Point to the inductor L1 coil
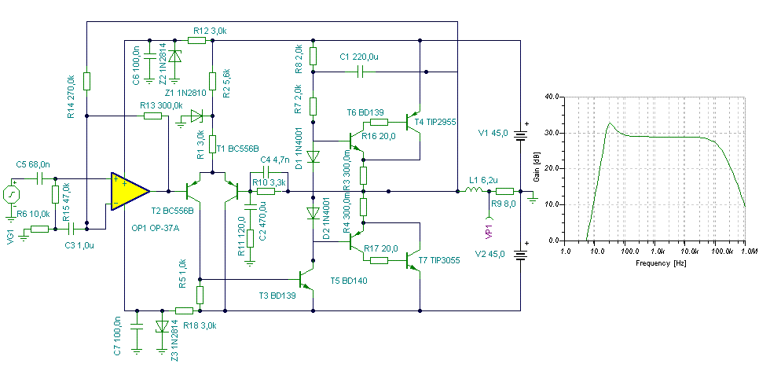click(472, 191)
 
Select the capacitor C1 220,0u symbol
click(360, 72)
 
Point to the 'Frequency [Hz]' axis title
click(659, 263)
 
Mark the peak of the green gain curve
click(610, 123)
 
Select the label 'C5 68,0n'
click(31, 165)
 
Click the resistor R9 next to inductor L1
click(504, 191)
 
